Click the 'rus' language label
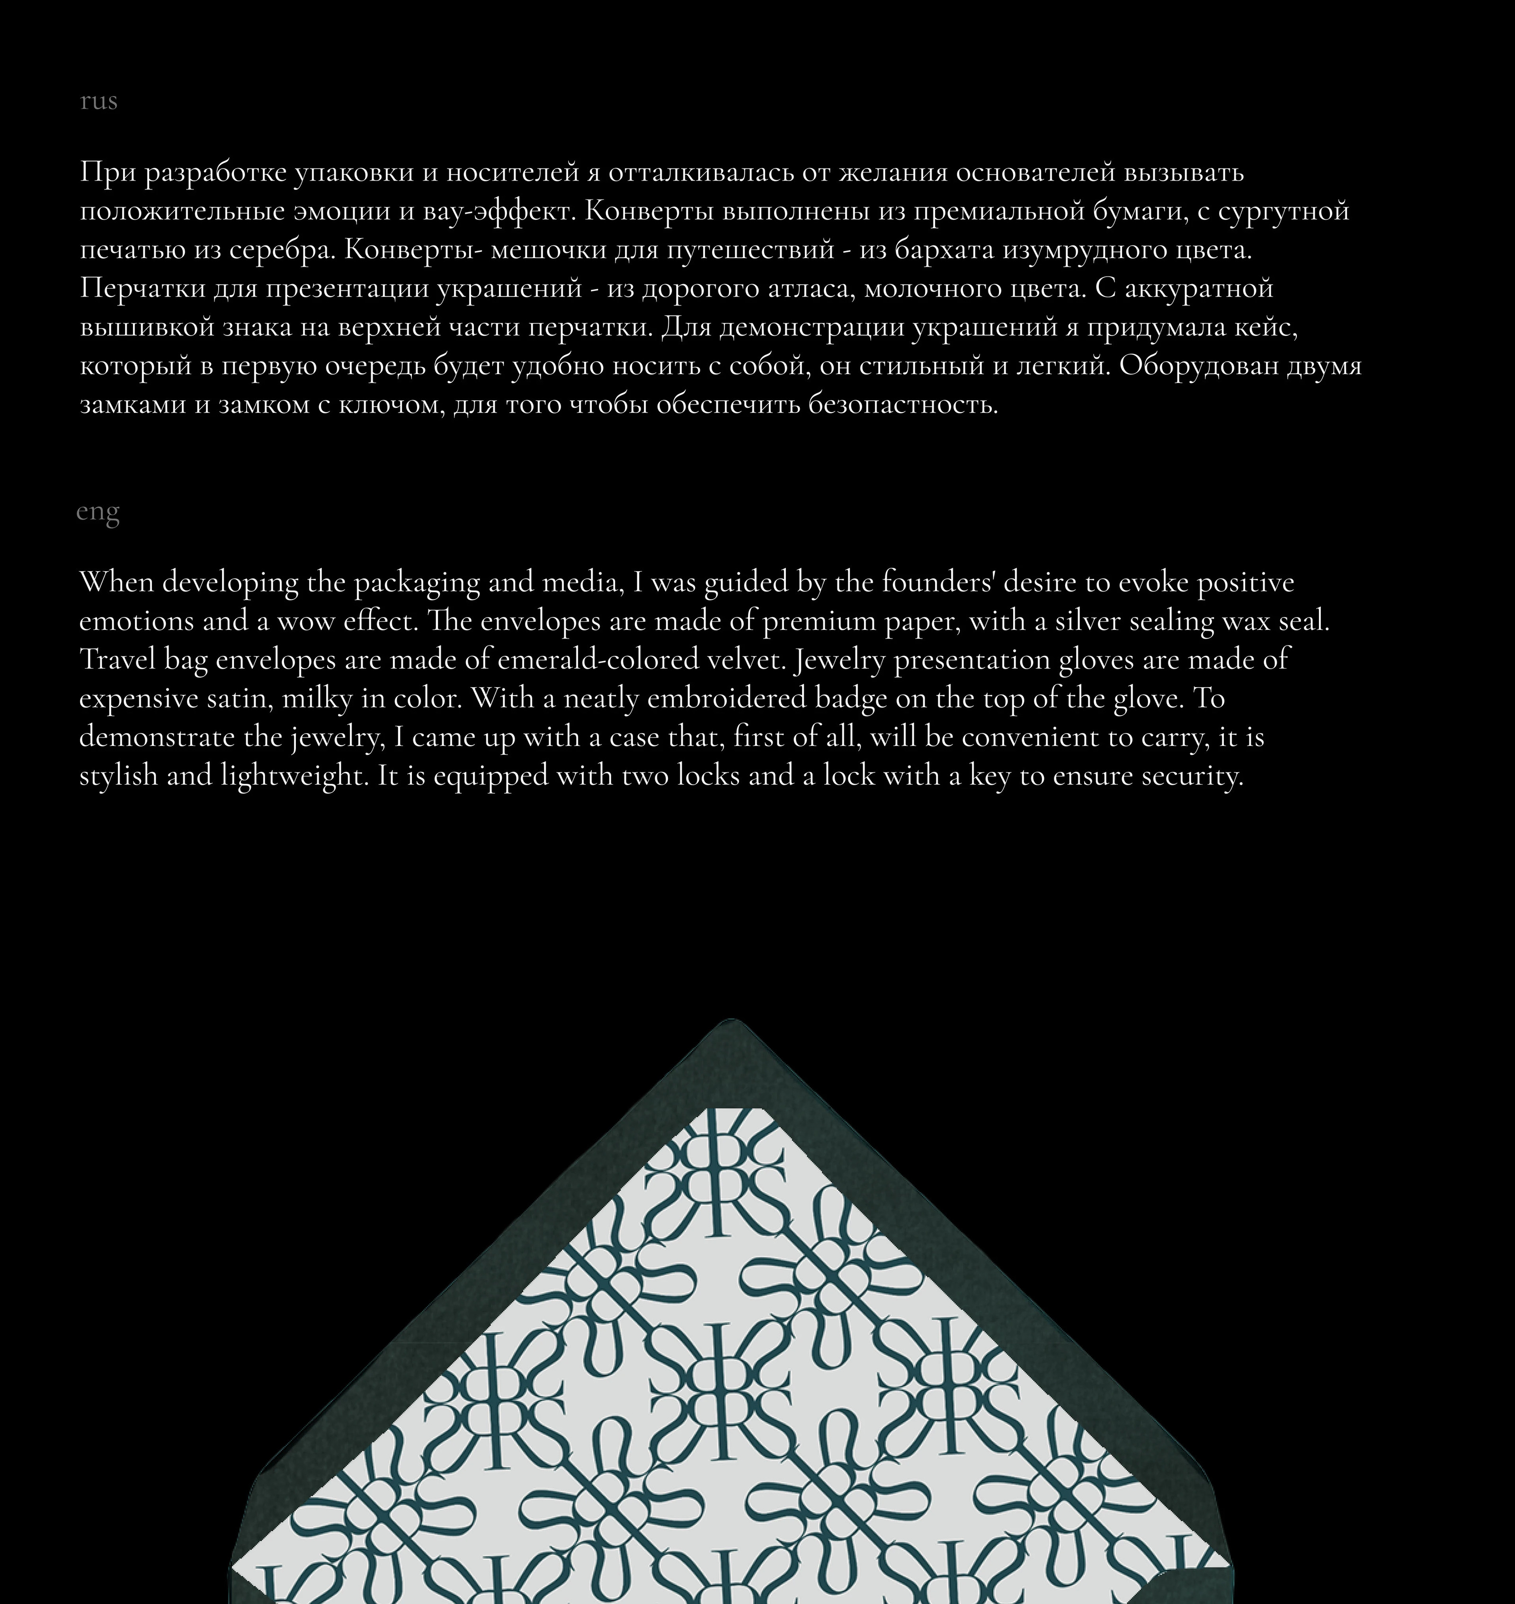pos(98,101)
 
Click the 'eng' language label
pos(98,512)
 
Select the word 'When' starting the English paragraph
pos(116,582)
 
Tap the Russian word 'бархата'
pos(945,250)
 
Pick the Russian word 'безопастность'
pos(903,404)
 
